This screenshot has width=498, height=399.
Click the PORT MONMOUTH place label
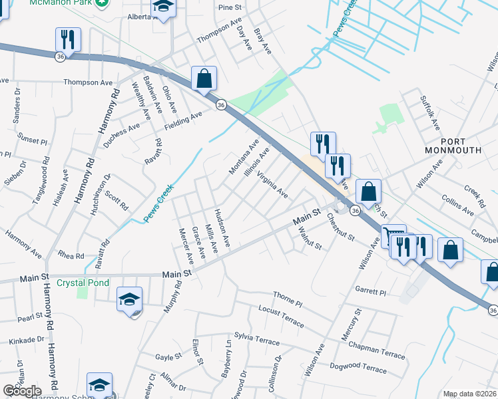coord(462,146)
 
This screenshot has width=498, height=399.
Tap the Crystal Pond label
coord(83,282)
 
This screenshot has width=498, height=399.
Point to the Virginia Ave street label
coord(272,187)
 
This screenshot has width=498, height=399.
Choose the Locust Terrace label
coord(281,317)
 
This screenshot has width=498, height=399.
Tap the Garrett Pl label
coord(370,291)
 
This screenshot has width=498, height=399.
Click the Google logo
coord(22,391)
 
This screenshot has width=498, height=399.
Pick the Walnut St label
coord(310,238)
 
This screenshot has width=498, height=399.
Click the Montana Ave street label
coord(244,158)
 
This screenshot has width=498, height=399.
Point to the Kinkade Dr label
coord(21,340)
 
